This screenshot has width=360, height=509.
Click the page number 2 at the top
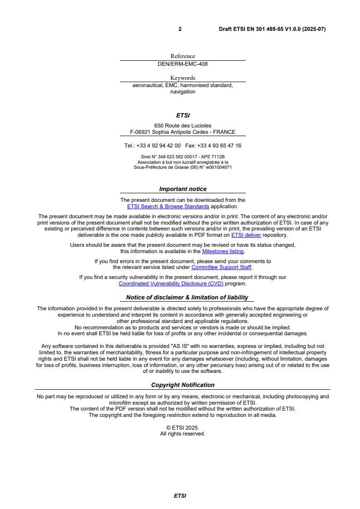180,29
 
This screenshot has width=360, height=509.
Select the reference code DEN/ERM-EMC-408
182,64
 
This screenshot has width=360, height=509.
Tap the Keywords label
182,78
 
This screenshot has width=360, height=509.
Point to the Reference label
182,56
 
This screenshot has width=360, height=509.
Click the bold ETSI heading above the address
182,116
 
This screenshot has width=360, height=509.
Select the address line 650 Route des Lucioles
182,126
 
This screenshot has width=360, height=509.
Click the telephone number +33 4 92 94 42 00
158,146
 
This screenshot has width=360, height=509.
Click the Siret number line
182,157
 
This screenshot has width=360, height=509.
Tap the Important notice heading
182,189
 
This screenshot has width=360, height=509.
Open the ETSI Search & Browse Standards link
168,206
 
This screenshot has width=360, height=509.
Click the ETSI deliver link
246,235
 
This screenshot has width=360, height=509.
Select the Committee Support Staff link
222,267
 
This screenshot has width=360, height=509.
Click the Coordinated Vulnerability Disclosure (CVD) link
171,284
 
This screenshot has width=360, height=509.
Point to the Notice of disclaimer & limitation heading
187,298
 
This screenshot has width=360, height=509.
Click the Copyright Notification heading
182,385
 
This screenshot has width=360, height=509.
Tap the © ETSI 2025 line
182,427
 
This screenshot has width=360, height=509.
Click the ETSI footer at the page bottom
180,496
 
